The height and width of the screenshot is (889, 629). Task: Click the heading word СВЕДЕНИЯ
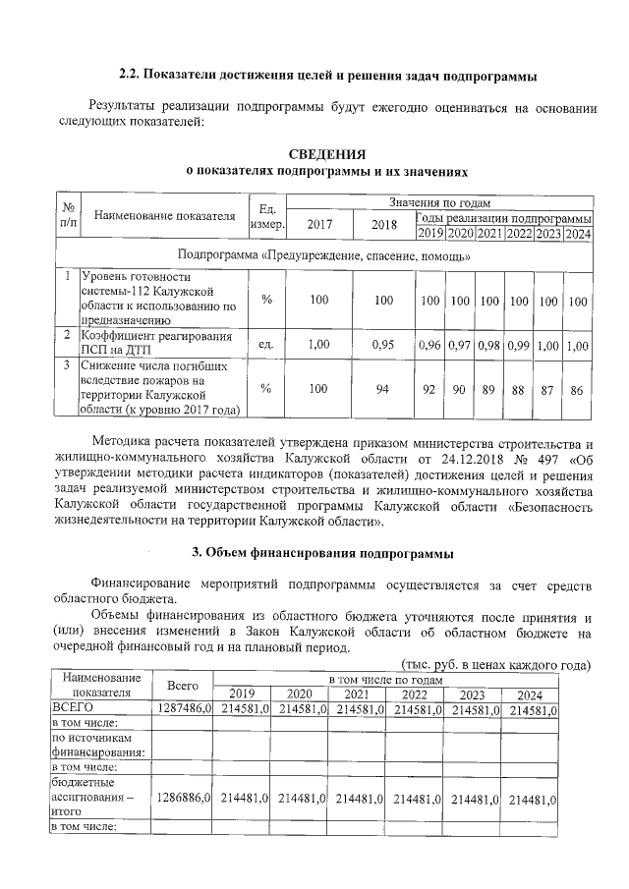tap(328, 154)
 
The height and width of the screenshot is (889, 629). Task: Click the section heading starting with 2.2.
tap(327, 76)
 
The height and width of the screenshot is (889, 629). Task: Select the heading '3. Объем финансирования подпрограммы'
tap(328, 551)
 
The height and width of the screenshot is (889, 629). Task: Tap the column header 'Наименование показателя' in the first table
tap(165, 215)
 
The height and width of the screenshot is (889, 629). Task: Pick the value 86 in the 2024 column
tap(578, 390)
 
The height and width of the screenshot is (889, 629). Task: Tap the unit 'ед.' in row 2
tap(265, 345)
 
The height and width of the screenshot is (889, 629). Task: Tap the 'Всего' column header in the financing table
tap(184, 686)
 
